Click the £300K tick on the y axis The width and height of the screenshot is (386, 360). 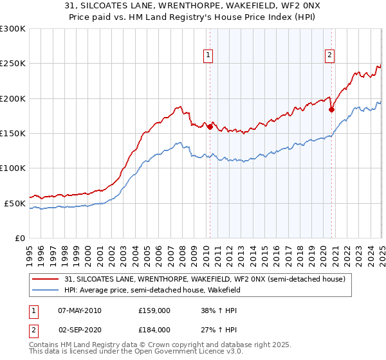click(x=13, y=29)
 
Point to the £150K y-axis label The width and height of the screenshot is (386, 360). click(x=13, y=134)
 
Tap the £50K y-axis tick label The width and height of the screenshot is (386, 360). click(x=15, y=203)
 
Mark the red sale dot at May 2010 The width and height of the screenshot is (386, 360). click(x=210, y=127)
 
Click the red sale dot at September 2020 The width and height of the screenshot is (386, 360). click(x=331, y=109)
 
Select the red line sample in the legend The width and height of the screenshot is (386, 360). click(x=45, y=279)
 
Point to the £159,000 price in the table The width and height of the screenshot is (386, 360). click(x=154, y=310)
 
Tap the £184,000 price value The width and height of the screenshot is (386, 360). click(x=154, y=330)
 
